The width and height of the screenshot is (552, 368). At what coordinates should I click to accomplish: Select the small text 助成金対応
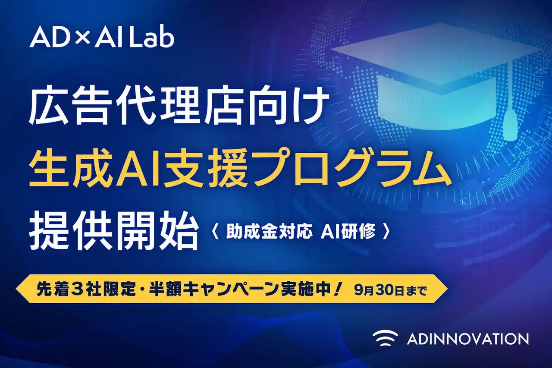click(268, 233)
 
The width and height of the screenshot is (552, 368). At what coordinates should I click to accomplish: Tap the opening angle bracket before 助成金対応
click(217, 233)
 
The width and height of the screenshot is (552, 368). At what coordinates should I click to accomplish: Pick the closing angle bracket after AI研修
click(386, 233)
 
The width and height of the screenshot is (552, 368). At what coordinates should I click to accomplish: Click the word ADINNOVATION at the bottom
click(467, 339)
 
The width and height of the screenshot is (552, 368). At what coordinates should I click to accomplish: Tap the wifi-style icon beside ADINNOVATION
click(385, 338)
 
